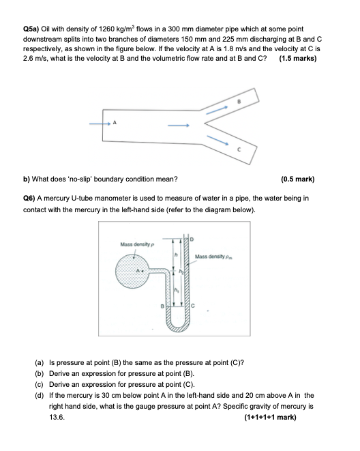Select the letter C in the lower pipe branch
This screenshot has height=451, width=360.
tap(239, 149)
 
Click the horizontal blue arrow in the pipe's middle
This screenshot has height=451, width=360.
tap(178, 124)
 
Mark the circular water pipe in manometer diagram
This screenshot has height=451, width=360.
tap(134, 274)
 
